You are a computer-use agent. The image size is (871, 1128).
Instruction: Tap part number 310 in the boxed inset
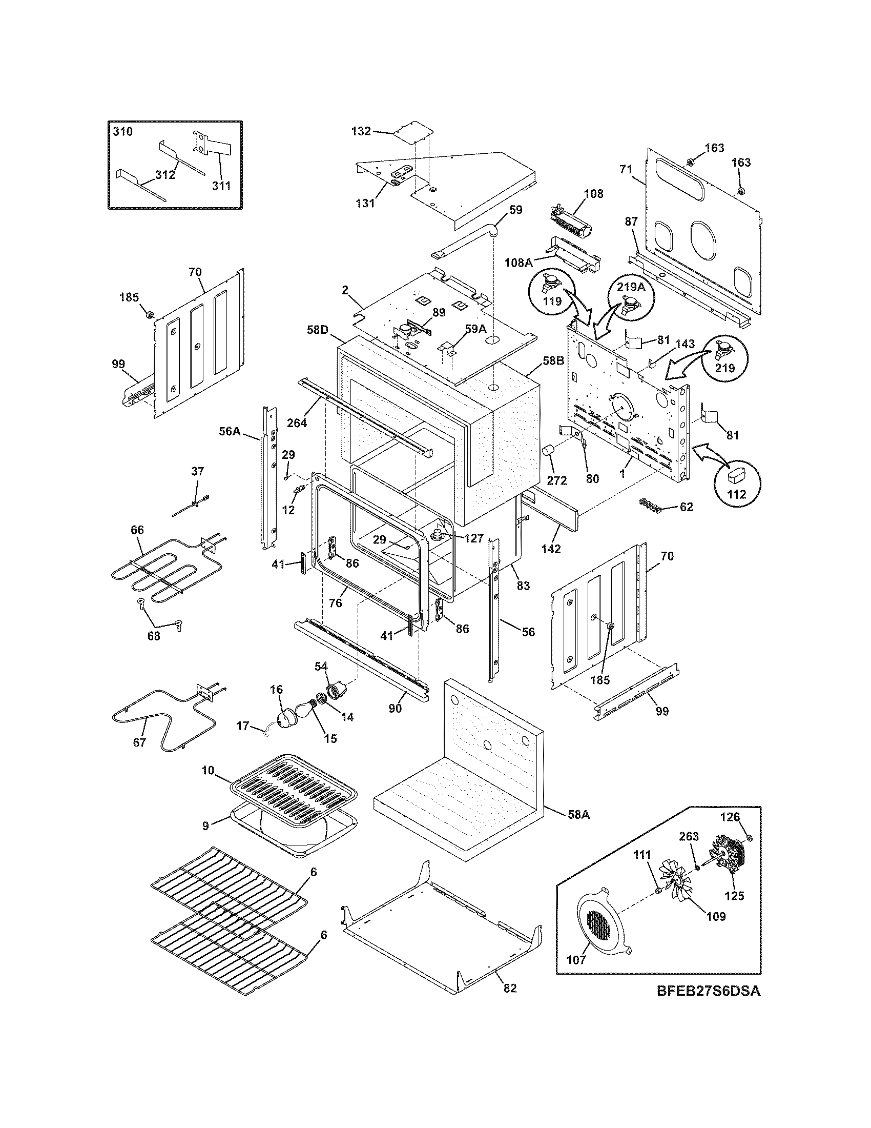(123, 132)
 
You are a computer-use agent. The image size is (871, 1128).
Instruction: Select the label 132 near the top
(361, 131)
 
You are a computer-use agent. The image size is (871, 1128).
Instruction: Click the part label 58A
(578, 815)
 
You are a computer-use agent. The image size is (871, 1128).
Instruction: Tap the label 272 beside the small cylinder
(557, 480)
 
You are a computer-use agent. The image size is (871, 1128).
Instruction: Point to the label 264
(297, 422)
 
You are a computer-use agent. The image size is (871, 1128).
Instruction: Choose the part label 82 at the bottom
(509, 1002)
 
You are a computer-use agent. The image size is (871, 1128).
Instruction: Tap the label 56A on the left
(230, 431)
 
